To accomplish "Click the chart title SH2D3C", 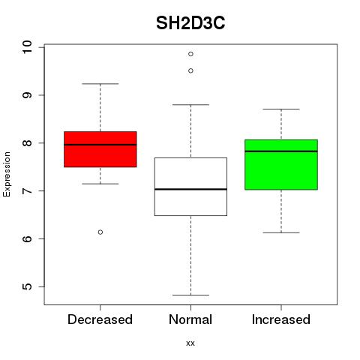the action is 190,23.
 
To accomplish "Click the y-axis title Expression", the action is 7,174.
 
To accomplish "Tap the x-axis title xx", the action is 190,343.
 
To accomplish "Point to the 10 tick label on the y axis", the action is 27,47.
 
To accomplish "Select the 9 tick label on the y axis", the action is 27,95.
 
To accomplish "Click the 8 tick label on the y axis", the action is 27,143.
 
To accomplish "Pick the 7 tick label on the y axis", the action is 27,190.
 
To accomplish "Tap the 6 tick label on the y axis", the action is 27,238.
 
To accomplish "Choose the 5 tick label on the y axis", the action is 27,286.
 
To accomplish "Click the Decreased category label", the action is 100,319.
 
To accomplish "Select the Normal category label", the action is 190,319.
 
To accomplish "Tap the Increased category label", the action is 281,319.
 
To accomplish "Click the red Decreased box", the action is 100,149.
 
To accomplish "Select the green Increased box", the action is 281,165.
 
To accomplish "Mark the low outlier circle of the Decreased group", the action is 100,232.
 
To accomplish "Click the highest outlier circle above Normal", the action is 190,54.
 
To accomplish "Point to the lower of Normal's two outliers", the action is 190,70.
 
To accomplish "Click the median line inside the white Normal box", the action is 190,189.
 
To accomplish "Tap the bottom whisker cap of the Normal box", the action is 190,295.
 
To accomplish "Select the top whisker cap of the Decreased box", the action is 100,84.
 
